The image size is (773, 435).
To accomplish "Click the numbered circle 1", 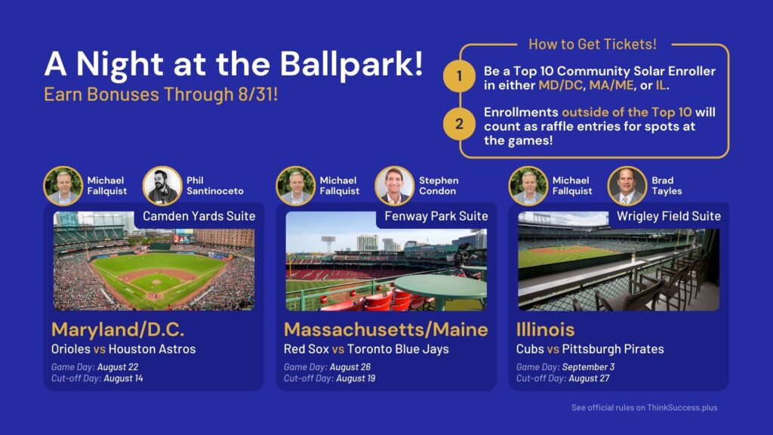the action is point(459,76).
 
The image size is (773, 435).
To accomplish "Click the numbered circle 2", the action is point(459,123).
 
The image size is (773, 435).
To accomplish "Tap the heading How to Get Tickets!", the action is point(592,45).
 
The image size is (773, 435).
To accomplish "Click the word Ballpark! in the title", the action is point(352,65).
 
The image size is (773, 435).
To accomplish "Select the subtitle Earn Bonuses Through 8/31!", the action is point(161,94).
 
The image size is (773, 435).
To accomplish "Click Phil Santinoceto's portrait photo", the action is point(162,186).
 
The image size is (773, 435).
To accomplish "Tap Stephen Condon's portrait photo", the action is point(394,186).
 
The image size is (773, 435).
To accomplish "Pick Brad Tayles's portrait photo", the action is point(627,186).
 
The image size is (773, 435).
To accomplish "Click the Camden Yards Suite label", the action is point(199,216).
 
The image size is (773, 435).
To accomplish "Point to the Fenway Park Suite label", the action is point(436,216).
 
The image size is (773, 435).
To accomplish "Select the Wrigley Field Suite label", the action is point(669,216).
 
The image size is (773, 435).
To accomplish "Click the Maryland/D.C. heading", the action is point(118,329).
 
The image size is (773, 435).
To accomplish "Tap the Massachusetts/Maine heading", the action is point(386,329).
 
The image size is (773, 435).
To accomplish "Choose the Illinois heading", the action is point(545,329).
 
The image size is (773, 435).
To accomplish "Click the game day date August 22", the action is point(118,367).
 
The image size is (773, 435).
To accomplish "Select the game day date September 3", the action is point(588,367).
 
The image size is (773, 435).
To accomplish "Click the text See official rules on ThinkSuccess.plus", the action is point(645,407).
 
